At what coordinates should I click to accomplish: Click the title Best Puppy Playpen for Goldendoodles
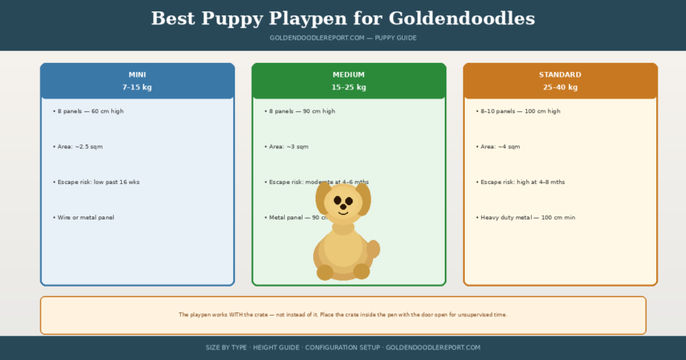pos(342,19)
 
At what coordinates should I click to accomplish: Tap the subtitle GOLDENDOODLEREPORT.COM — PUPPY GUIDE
pos(342,38)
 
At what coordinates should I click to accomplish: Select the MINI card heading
pos(137,75)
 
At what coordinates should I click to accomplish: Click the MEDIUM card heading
pos(349,75)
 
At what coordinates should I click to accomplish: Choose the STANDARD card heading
pos(560,75)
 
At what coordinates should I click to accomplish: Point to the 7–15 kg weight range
pos(137,87)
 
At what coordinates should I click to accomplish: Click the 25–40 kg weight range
pos(560,87)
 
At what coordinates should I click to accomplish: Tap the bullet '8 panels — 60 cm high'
pos(89,111)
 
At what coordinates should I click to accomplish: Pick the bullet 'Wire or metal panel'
pos(85,218)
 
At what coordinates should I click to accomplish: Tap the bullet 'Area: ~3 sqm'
pos(287,147)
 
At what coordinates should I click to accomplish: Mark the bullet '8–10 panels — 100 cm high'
pos(518,111)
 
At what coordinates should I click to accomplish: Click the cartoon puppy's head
pos(343,203)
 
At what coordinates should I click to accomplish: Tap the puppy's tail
pos(373,249)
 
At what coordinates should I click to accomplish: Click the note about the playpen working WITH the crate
pos(343,315)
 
